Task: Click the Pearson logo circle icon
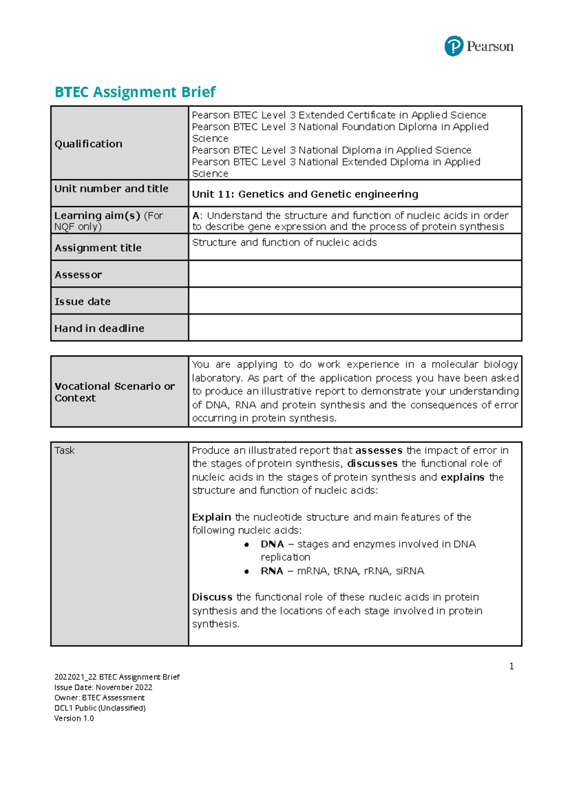pyautogui.click(x=454, y=47)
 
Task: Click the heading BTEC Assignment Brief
pyautogui.click(x=135, y=92)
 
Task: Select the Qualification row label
pyautogui.click(x=88, y=144)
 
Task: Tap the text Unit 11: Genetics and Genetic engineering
pyautogui.click(x=305, y=194)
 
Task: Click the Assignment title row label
pyautogui.click(x=98, y=248)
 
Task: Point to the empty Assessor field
pyautogui.click(x=354, y=274)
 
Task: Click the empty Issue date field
pyautogui.click(x=354, y=301)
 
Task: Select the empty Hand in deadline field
pyautogui.click(x=354, y=328)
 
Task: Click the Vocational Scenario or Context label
pyautogui.click(x=114, y=392)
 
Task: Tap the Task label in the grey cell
pyautogui.click(x=65, y=450)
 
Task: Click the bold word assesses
pyautogui.click(x=379, y=450)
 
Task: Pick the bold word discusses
pyautogui.click(x=372, y=464)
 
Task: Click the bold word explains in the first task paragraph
pyautogui.click(x=462, y=477)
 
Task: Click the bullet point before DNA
pyautogui.click(x=247, y=545)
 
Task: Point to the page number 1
pyautogui.click(x=511, y=666)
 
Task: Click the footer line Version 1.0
pyautogui.click(x=74, y=719)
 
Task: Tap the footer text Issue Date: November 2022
pyautogui.click(x=103, y=688)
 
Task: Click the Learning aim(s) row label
pyautogui.click(x=97, y=216)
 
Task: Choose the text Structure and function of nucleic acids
pyautogui.click(x=284, y=243)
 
